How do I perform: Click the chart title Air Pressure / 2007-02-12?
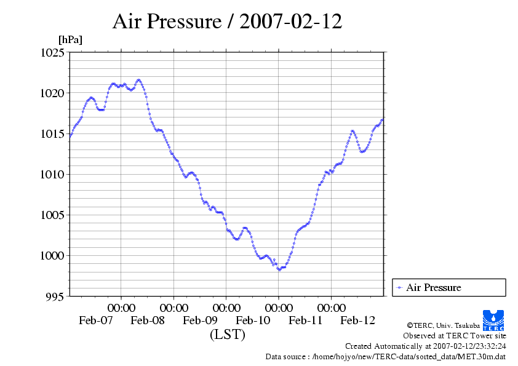[x=228, y=22]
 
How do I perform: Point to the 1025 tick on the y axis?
[x=53, y=53]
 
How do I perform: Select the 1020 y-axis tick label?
[x=53, y=93]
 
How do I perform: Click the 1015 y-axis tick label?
[x=53, y=134]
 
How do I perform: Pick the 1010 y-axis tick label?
[x=53, y=175]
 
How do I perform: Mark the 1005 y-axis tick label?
[x=53, y=215]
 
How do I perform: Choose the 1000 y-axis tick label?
[x=53, y=256]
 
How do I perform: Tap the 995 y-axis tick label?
[x=55, y=296]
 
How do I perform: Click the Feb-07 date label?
[x=96, y=320]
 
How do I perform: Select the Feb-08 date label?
[x=148, y=320]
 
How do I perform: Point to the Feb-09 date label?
[x=201, y=320]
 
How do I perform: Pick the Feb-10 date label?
[x=253, y=320]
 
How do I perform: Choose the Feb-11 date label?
[x=306, y=320]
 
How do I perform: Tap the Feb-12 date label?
[x=358, y=320]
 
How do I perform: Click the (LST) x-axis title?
[x=227, y=335]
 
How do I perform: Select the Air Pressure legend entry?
[x=433, y=288]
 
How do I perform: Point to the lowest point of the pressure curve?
[x=279, y=269]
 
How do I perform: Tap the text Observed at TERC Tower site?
[x=454, y=336]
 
